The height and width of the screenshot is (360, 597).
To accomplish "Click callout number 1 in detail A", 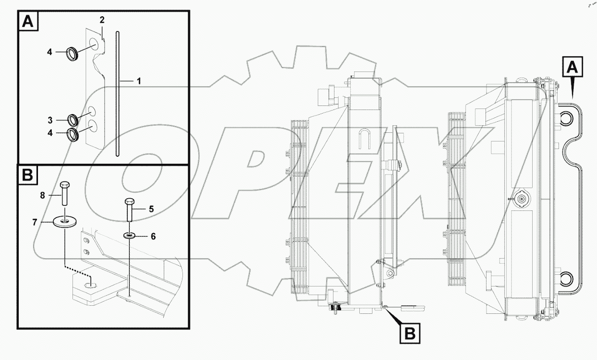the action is coord(138,81).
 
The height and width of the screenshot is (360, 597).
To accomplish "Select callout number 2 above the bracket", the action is coord(102,20).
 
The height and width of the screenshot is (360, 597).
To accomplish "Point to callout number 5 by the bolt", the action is coord(151,208).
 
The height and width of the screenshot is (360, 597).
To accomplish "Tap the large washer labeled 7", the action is coord(64,222).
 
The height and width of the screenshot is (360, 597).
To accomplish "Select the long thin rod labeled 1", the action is coord(117,94).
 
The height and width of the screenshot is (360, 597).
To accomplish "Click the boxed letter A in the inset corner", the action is coord(28,22).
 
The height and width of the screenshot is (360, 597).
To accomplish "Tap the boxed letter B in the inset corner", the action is coord(28,175).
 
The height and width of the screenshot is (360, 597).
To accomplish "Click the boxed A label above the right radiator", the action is coord(572,67).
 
